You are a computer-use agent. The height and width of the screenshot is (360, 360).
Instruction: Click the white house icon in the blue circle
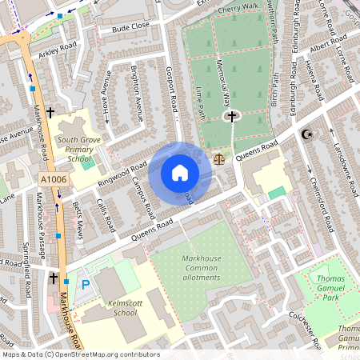(x=180, y=173)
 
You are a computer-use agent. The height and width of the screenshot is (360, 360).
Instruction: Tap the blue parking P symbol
(x=85, y=284)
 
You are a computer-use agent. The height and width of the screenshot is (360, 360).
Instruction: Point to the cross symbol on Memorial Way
(x=232, y=117)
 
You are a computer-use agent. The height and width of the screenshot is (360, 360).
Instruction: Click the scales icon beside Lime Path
(x=220, y=158)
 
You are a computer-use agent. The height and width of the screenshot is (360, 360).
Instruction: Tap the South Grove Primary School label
(x=78, y=148)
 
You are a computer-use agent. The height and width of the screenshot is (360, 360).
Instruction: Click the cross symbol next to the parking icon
(x=54, y=278)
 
